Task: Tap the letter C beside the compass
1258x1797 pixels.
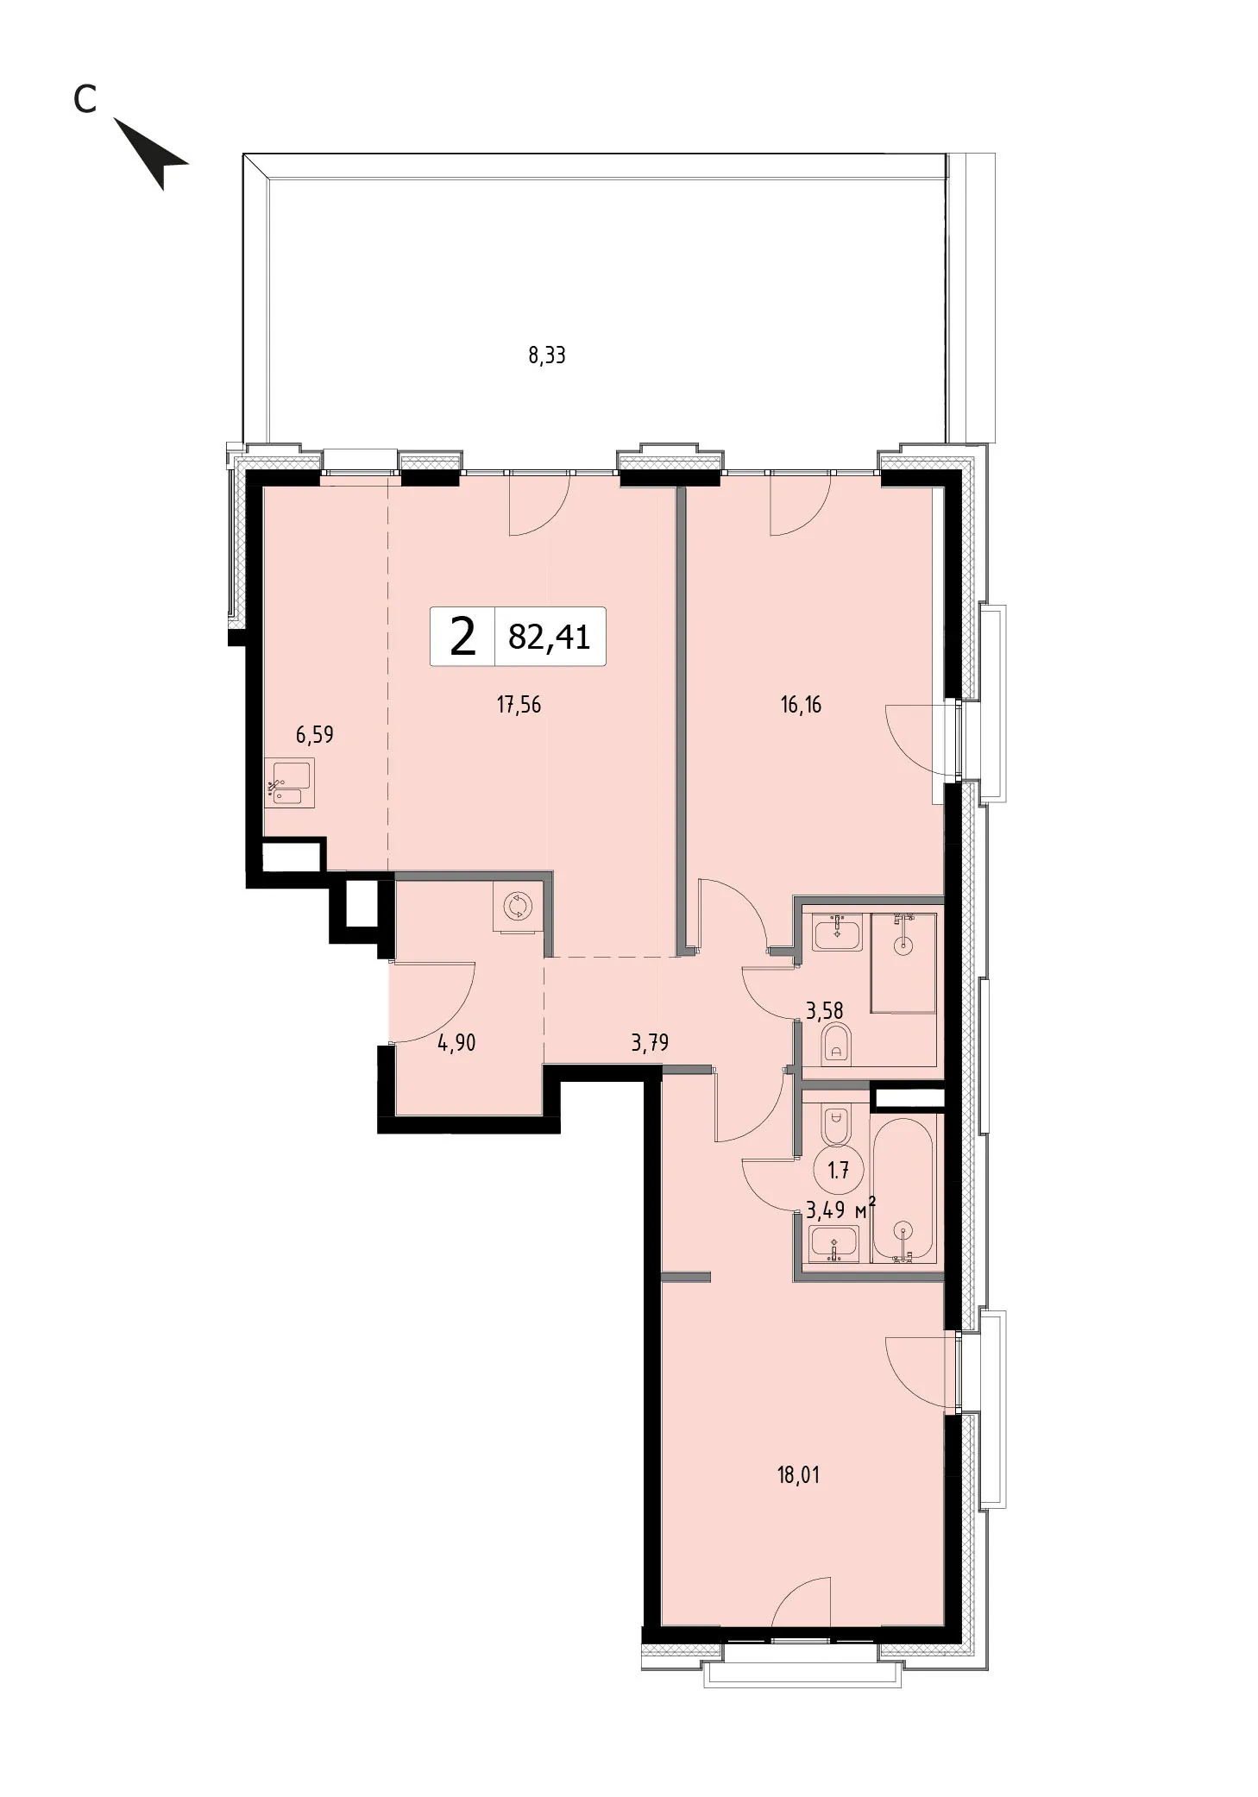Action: click(85, 100)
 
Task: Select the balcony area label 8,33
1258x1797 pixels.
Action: click(546, 355)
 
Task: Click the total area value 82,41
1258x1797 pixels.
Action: click(550, 637)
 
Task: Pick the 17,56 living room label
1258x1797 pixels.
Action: click(519, 705)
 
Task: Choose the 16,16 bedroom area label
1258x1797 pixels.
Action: click(801, 705)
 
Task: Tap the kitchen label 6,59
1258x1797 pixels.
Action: click(314, 735)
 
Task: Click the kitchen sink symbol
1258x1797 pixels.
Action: click(290, 782)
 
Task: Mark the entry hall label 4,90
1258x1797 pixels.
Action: click(456, 1044)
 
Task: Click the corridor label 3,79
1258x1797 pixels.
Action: click(650, 1044)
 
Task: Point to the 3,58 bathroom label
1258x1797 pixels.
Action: click(824, 1010)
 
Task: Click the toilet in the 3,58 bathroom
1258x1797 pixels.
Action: click(834, 1043)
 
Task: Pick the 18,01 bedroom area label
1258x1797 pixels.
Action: click(798, 1475)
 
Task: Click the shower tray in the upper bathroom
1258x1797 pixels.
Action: click(903, 962)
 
